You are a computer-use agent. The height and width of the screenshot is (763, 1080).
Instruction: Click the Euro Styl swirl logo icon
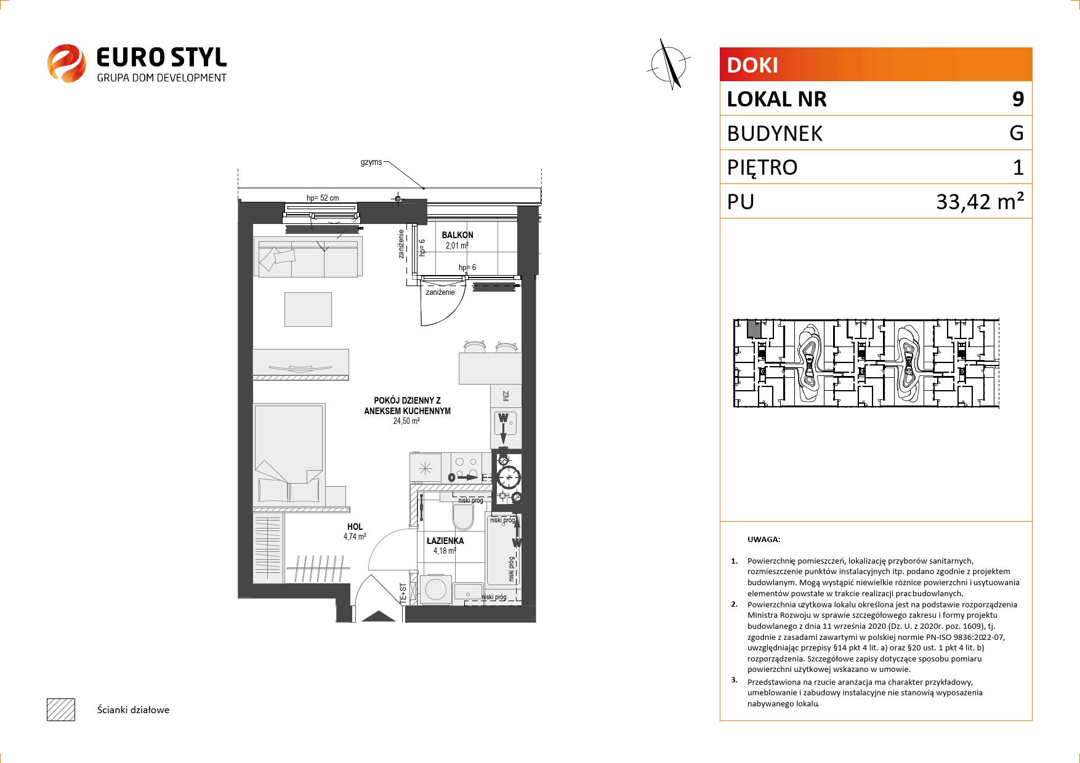point(66,63)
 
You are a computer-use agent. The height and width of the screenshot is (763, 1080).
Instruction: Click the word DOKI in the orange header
point(752,65)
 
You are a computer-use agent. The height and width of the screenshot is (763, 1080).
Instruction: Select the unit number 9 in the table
point(1018,99)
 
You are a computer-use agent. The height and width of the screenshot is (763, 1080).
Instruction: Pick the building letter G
point(1017,133)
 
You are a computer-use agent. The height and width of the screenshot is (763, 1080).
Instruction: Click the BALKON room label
point(457,235)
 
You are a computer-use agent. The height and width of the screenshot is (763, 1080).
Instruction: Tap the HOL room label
point(355,527)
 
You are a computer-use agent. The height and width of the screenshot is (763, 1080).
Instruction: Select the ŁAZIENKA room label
point(445,541)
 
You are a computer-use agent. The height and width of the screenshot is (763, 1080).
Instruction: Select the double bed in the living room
point(289,454)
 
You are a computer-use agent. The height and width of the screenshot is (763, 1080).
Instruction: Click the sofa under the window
point(308,258)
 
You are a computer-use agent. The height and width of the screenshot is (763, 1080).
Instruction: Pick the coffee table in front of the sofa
point(308,309)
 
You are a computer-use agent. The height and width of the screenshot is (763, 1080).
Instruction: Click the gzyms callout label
point(371,163)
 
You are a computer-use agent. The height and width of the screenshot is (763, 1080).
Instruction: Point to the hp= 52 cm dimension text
point(323,198)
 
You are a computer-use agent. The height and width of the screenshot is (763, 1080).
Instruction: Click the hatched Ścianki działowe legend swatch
point(61,709)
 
